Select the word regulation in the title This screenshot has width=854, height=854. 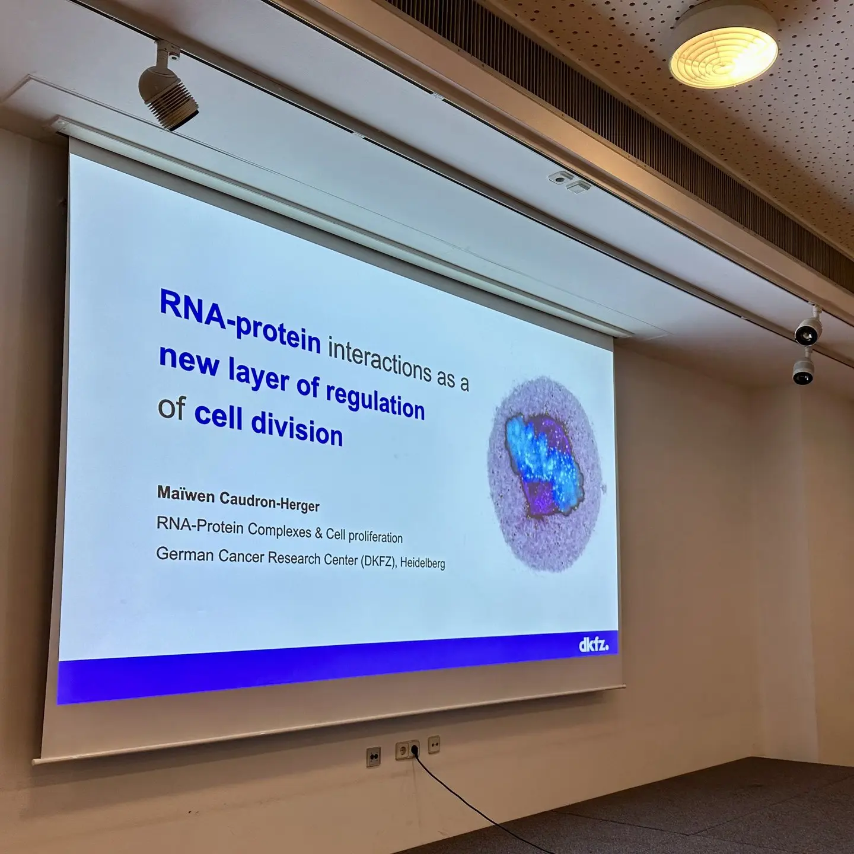click(x=375, y=400)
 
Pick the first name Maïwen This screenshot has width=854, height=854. click(x=186, y=494)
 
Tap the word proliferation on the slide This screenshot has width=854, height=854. click(x=375, y=537)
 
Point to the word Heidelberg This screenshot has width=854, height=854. click(x=422, y=563)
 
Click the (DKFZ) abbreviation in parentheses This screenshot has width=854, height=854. click(x=378, y=561)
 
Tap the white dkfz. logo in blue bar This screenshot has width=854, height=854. click(x=594, y=645)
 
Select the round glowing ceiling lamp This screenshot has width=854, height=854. click(x=724, y=52)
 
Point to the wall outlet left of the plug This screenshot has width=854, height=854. click(x=373, y=756)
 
